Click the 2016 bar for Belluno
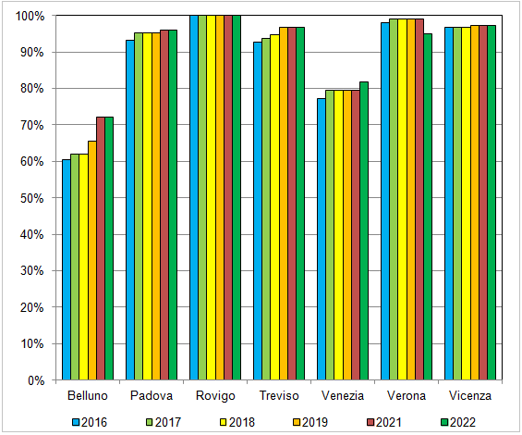66,269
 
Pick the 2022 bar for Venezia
364,230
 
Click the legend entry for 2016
89,421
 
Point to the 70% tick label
32,125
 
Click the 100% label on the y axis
30,16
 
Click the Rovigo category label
215,396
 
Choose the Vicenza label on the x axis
470,396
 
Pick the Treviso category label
279,396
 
